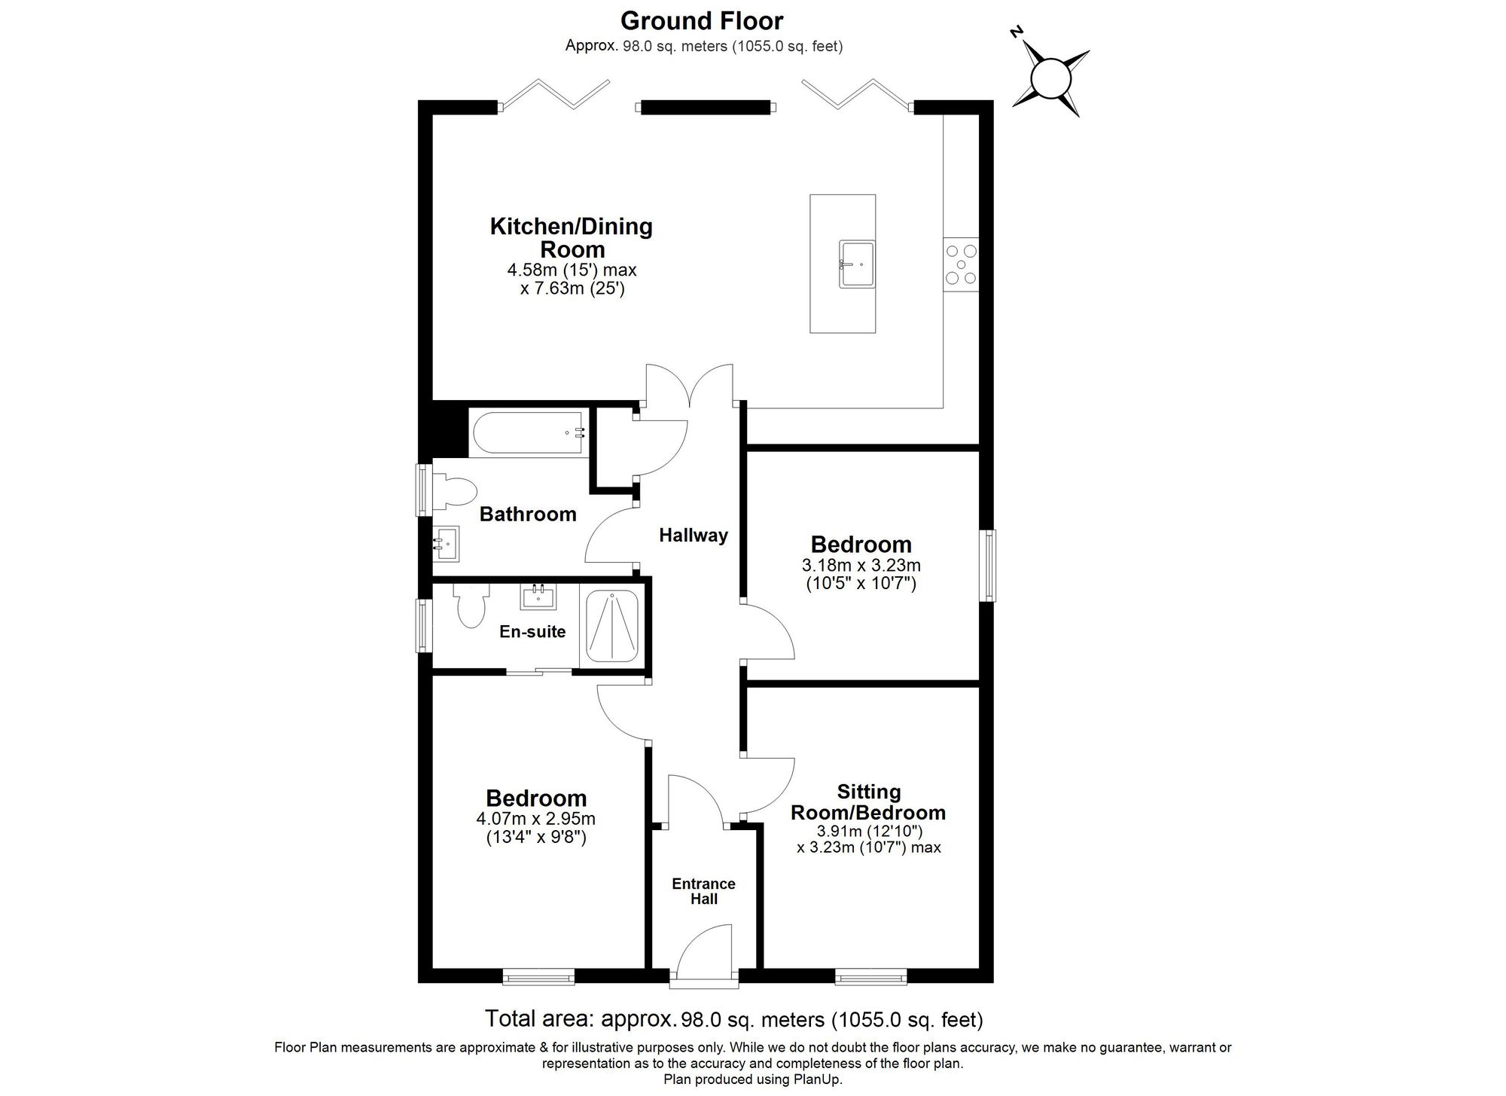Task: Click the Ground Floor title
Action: (x=702, y=20)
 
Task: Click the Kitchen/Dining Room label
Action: (x=572, y=237)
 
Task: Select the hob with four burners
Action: (x=961, y=264)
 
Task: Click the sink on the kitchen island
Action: (x=857, y=264)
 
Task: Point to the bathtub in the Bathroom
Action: (x=528, y=432)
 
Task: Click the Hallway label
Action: (x=694, y=536)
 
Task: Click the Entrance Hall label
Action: (x=703, y=891)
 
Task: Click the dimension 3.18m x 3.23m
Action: (x=861, y=565)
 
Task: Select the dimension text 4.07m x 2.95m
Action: (x=535, y=819)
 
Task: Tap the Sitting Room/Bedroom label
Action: (x=869, y=802)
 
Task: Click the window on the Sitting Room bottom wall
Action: (x=870, y=978)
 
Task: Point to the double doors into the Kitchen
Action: (x=689, y=386)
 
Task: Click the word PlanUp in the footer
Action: (x=819, y=1079)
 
